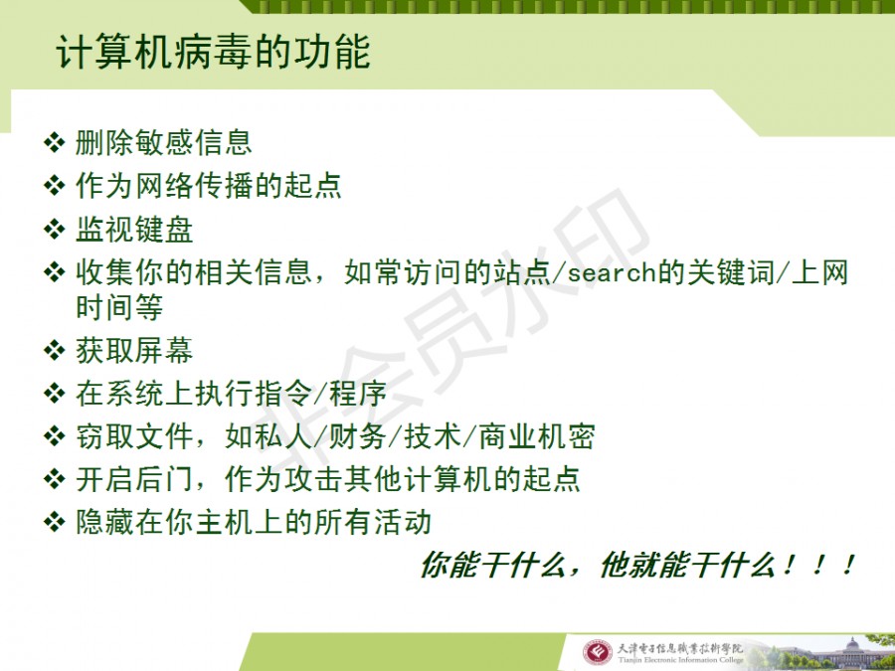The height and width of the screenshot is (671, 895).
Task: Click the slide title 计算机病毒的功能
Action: tap(214, 52)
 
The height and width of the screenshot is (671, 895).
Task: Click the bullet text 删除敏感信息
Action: tap(164, 142)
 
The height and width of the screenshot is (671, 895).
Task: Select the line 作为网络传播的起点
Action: tap(209, 186)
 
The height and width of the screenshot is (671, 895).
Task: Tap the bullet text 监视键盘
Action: tap(134, 230)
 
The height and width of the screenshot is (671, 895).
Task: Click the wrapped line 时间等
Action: tap(119, 307)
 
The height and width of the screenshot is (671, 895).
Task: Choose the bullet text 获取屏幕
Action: tap(134, 350)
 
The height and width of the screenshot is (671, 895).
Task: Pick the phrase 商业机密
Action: tap(537, 437)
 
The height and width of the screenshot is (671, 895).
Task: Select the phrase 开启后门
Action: tap(134, 479)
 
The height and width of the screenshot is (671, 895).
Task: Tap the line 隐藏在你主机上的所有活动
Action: tap(254, 523)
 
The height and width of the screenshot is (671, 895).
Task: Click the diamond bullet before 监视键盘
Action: tap(55, 229)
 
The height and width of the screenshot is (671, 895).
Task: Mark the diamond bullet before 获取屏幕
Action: tap(55, 350)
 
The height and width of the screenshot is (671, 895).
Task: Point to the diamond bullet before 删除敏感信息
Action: tap(55, 142)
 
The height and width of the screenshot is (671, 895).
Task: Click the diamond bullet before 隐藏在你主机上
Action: tap(55, 522)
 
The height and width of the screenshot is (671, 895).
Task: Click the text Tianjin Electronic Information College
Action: tap(680, 660)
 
